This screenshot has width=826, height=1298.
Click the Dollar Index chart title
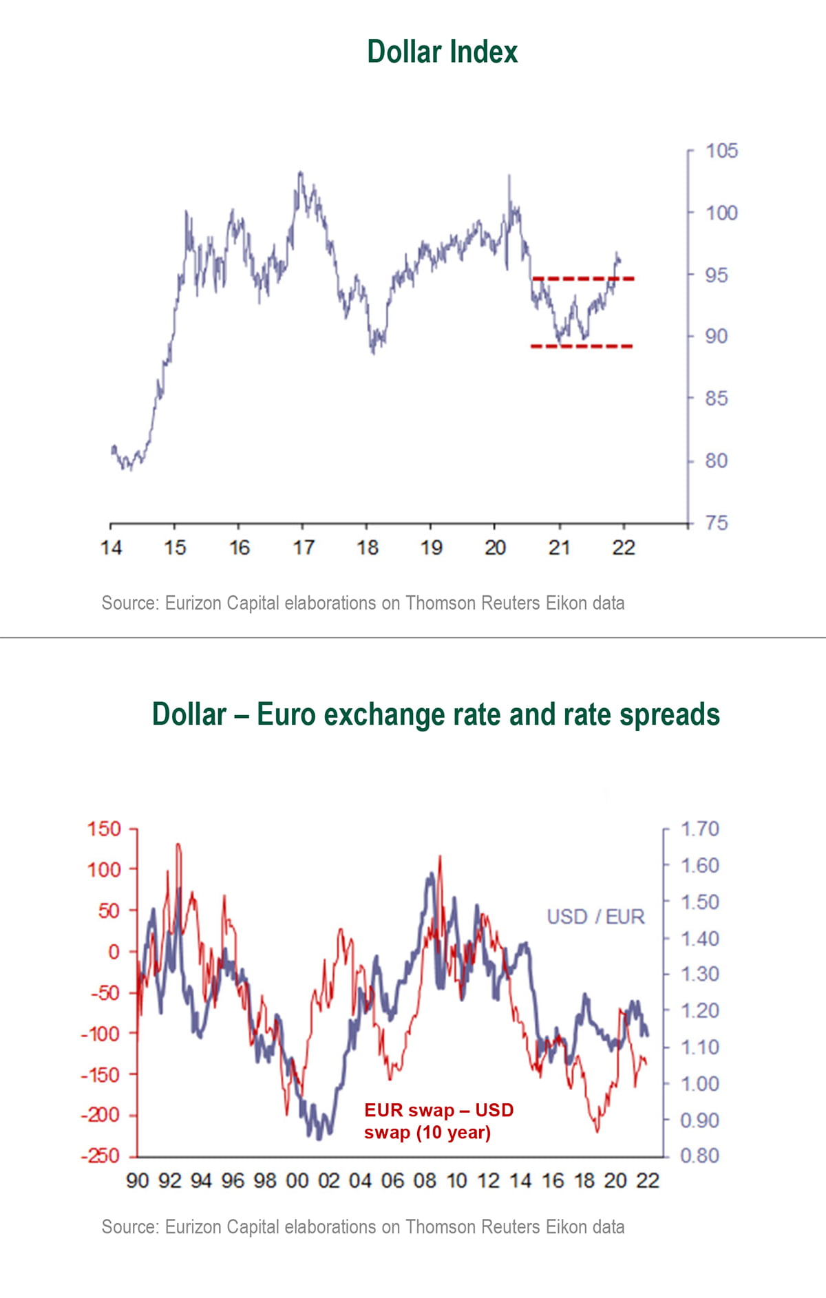pyautogui.click(x=442, y=52)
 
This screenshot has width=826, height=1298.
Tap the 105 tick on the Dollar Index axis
pyautogui.click(x=721, y=151)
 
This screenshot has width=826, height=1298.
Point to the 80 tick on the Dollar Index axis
pyautogui.click(x=716, y=460)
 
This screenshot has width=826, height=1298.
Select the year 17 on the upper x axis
pyautogui.click(x=303, y=548)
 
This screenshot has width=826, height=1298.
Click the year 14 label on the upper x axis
pyautogui.click(x=111, y=548)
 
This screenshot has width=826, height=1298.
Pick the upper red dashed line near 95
pyautogui.click(x=583, y=279)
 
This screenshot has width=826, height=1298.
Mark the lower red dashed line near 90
pyautogui.click(x=582, y=346)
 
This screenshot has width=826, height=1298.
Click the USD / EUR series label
pyautogui.click(x=595, y=917)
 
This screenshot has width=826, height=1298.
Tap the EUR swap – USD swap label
pyautogui.click(x=438, y=1121)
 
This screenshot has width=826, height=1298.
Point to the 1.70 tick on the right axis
pyautogui.click(x=699, y=829)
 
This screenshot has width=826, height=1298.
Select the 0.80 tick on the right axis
pyautogui.click(x=699, y=1156)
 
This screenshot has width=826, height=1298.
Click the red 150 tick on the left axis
pyautogui.click(x=104, y=829)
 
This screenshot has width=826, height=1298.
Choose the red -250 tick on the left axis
pyautogui.click(x=100, y=1156)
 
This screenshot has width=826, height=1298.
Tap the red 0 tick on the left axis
pyautogui.click(x=114, y=952)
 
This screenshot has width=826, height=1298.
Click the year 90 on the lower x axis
pyautogui.click(x=137, y=1181)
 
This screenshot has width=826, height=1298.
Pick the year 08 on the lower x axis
pyautogui.click(x=425, y=1181)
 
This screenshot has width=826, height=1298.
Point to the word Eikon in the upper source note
pyautogui.click(x=563, y=604)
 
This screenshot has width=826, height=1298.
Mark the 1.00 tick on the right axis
pyautogui.click(x=699, y=1083)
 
